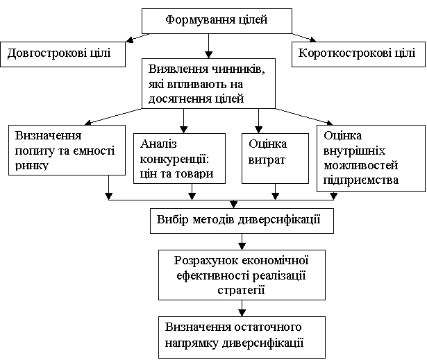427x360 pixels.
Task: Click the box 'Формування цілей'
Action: pyautogui.click(x=217, y=21)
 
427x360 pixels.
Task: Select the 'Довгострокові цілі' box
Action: pyautogui.click(x=63, y=54)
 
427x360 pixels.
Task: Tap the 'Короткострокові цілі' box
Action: pyautogui.click(x=358, y=54)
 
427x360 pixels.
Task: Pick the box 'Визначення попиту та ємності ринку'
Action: pyautogui.click(x=67, y=150)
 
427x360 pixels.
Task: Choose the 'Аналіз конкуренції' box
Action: pyautogui.click(x=179, y=158)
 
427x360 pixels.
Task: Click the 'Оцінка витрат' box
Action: pyautogui.click(x=276, y=158)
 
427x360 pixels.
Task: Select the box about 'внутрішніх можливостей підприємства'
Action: pyautogui.click(x=371, y=158)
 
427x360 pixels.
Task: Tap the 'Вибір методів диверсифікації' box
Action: pyautogui.click(x=242, y=221)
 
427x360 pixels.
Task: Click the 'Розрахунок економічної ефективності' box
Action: pyautogui.click(x=242, y=275)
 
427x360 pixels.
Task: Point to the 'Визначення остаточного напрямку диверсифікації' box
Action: pyautogui.click(x=242, y=337)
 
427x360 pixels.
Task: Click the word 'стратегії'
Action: pyautogui.click(x=242, y=291)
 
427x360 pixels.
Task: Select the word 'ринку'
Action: pyautogui.click(x=32, y=166)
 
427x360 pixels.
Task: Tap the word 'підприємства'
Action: pyautogui.click(x=361, y=180)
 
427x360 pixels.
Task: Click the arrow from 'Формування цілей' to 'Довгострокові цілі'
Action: pyautogui.click(x=137, y=38)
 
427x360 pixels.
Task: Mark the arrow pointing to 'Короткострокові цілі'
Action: pyautogui.click(x=304, y=38)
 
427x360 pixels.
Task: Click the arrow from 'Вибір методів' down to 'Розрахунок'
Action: pyautogui.click(x=242, y=241)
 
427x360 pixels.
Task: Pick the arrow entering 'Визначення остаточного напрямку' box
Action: pyautogui.click(x=242, y=308)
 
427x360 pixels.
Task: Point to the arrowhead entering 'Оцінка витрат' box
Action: pyautogui.click(x=258, y=130)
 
